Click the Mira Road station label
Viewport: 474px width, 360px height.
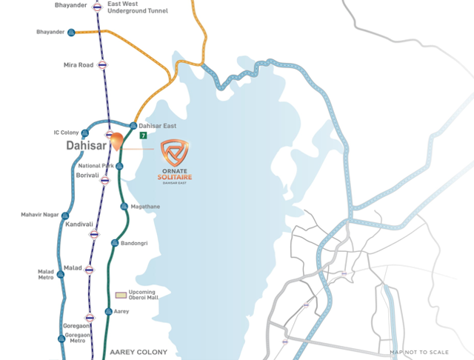(x=79, y=65)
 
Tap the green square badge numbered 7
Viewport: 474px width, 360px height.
(x=143, y=136)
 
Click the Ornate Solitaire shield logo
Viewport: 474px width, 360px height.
(x=176, y=151)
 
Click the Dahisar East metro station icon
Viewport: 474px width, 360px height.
(x=133, y=126)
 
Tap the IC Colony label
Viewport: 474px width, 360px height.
(x=66, y=133)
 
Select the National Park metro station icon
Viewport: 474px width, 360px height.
(x=119, y=166)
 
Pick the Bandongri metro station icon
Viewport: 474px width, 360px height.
(x=114, y=243)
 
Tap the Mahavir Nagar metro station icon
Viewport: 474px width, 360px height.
(x=65, y=216)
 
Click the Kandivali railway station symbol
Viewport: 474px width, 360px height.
(x=94, y=234)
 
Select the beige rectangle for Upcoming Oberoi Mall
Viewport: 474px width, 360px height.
(x=119, y=294)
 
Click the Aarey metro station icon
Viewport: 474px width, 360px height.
(x=108, y=312)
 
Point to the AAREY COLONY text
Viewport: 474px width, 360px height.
(x=138, y=352)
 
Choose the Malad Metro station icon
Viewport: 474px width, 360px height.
(x=61, y=274)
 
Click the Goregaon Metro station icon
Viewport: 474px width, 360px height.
(x=61, y=336)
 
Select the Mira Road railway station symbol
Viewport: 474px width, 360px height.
(x=103, y=65)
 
